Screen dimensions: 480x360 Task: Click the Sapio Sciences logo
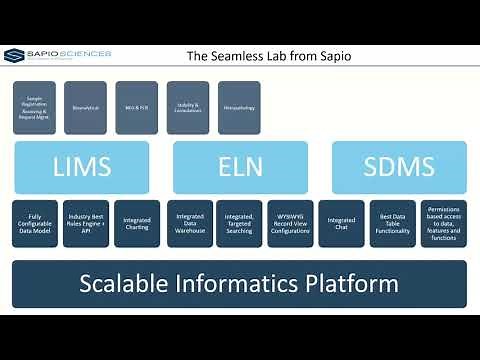coord(57,54)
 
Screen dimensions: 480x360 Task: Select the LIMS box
coord(82,167)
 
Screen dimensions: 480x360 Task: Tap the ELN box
coord(239,167)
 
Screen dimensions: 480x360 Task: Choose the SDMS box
coord(398,167)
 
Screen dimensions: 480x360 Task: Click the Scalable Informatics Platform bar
coord(239,283)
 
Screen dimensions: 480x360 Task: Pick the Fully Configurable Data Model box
coord(34,224)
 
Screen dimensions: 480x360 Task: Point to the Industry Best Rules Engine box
coord(85,224)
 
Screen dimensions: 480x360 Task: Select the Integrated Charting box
coord(136,224)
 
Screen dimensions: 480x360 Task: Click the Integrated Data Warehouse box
coord(188,224)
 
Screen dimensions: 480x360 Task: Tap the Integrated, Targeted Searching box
coord(239,224)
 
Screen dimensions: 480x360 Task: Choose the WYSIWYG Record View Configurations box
coord(290,224)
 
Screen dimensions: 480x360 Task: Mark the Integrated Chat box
coord(342,224)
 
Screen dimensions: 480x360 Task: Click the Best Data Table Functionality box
coord(393,224)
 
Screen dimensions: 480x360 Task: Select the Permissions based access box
coord(443,224)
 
